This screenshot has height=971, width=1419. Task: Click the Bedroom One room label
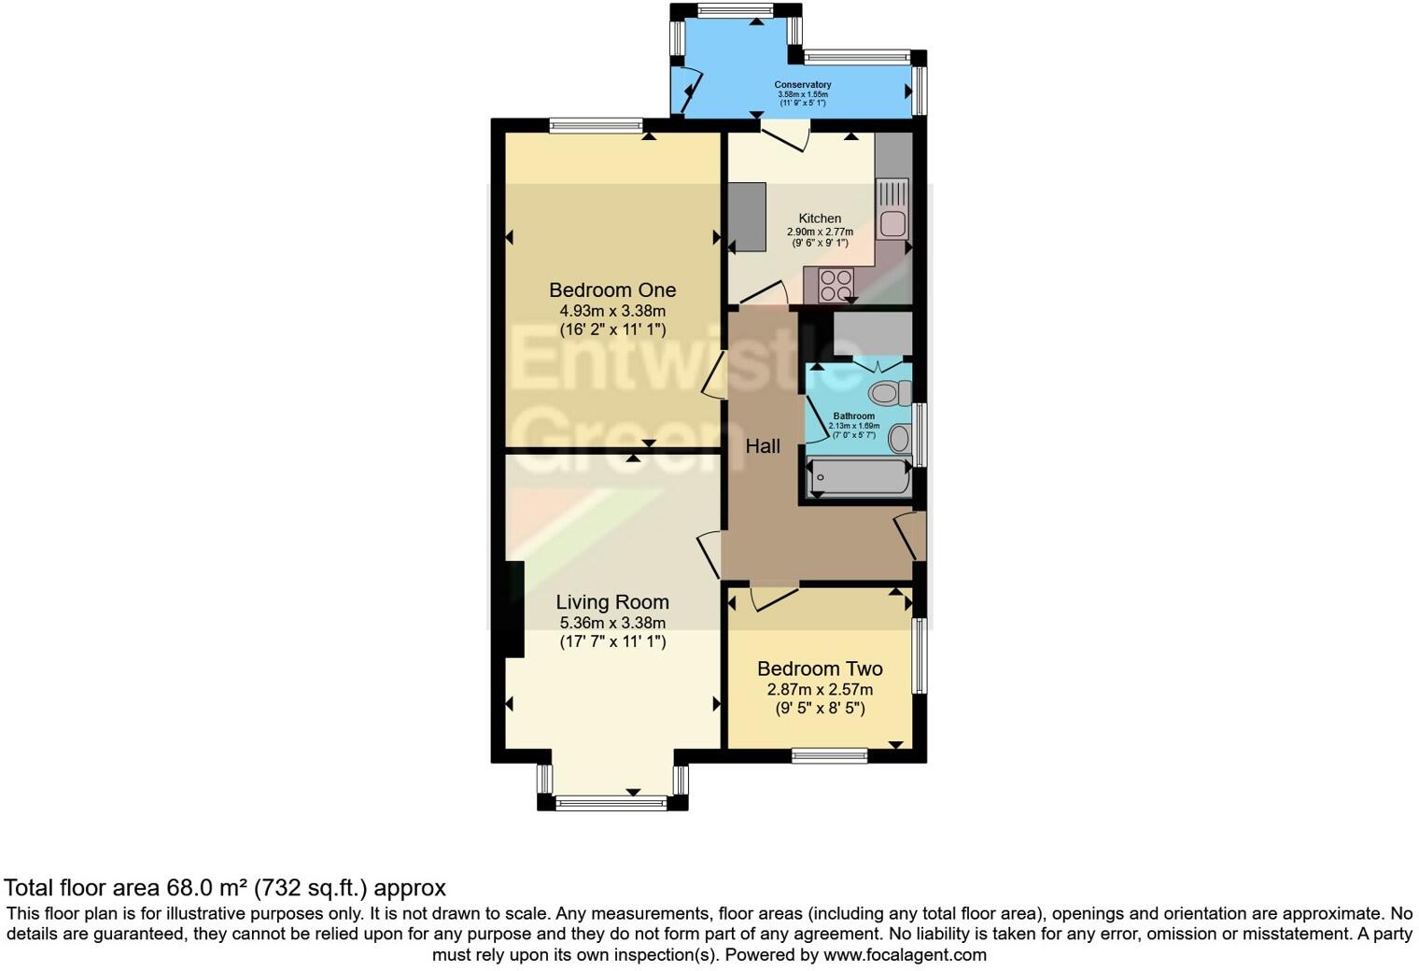[612, 289]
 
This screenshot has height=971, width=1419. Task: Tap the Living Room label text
[612, 602]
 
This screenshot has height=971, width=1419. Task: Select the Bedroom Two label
[820, 668]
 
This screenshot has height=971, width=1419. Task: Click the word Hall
[763, 446]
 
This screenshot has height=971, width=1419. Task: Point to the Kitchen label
[820, 218]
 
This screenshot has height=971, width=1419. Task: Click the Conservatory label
[802, 85]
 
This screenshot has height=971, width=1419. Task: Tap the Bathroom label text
[853, 416]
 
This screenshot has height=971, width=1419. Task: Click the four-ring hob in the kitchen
[836, 284]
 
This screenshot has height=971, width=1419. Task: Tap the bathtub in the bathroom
[858, 478]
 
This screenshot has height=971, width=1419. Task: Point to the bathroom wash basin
[900, 437]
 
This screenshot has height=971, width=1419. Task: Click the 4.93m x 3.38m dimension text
[612, 311]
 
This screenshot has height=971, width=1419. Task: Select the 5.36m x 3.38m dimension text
[612, 623]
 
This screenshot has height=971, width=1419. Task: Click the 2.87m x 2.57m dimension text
[820, 690]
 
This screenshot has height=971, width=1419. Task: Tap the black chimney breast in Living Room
[513, 609]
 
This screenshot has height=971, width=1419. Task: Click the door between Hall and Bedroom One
[715, 376]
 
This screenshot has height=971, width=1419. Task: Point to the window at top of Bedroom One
[597, 124]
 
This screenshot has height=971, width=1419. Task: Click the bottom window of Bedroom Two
[829, 755]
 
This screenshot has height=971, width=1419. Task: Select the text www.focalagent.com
[905, 955]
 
